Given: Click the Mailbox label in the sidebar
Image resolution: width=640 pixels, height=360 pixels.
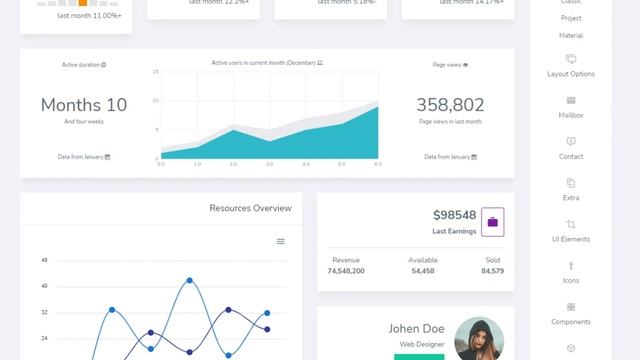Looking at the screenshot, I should (571, 115).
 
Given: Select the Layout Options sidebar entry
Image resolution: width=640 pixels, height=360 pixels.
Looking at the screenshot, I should (571, 74).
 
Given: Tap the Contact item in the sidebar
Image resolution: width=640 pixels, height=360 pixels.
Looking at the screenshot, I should (571, 157).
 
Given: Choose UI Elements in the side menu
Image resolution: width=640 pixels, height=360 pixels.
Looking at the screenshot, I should (571, 239).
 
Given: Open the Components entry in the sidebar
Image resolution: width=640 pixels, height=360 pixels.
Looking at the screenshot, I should (571, 322).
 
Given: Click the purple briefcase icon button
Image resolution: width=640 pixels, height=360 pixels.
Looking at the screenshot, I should (492, 221).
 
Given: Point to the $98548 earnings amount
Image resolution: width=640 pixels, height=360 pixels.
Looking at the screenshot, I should (454, 215).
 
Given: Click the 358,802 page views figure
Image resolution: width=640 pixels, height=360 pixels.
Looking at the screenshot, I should (450, 105).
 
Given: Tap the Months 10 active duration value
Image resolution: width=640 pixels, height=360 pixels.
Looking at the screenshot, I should (84, 105).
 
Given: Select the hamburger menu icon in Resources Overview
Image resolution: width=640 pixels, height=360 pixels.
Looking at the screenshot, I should (281, 241).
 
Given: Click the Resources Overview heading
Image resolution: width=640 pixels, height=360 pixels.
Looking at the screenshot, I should (250, 208).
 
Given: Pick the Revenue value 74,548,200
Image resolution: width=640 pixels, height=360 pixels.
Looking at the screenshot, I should (346, 271).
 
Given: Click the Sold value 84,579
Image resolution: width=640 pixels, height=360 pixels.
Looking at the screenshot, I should (492, 271).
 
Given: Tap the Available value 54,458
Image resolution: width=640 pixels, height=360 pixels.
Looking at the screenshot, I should (423, 271).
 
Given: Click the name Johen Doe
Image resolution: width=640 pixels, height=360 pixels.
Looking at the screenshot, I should (417, 328).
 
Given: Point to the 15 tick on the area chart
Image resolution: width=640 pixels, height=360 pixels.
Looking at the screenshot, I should (156, 72).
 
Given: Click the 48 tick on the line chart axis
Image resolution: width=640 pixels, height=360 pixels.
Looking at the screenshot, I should (44, 260).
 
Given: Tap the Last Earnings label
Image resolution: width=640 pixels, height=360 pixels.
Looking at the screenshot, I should (454, 231).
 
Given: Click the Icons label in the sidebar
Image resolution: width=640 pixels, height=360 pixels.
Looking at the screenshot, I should (571, 281).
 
